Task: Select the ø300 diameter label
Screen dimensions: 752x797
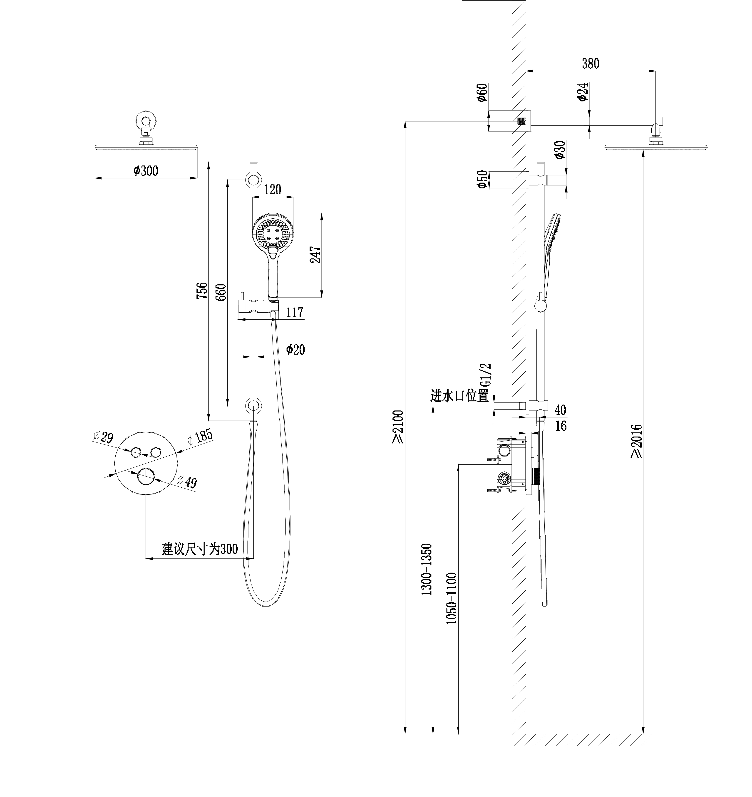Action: (146, 171)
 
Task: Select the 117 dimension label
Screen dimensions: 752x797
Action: (295, 312)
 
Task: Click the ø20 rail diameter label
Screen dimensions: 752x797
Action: (295, 350)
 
